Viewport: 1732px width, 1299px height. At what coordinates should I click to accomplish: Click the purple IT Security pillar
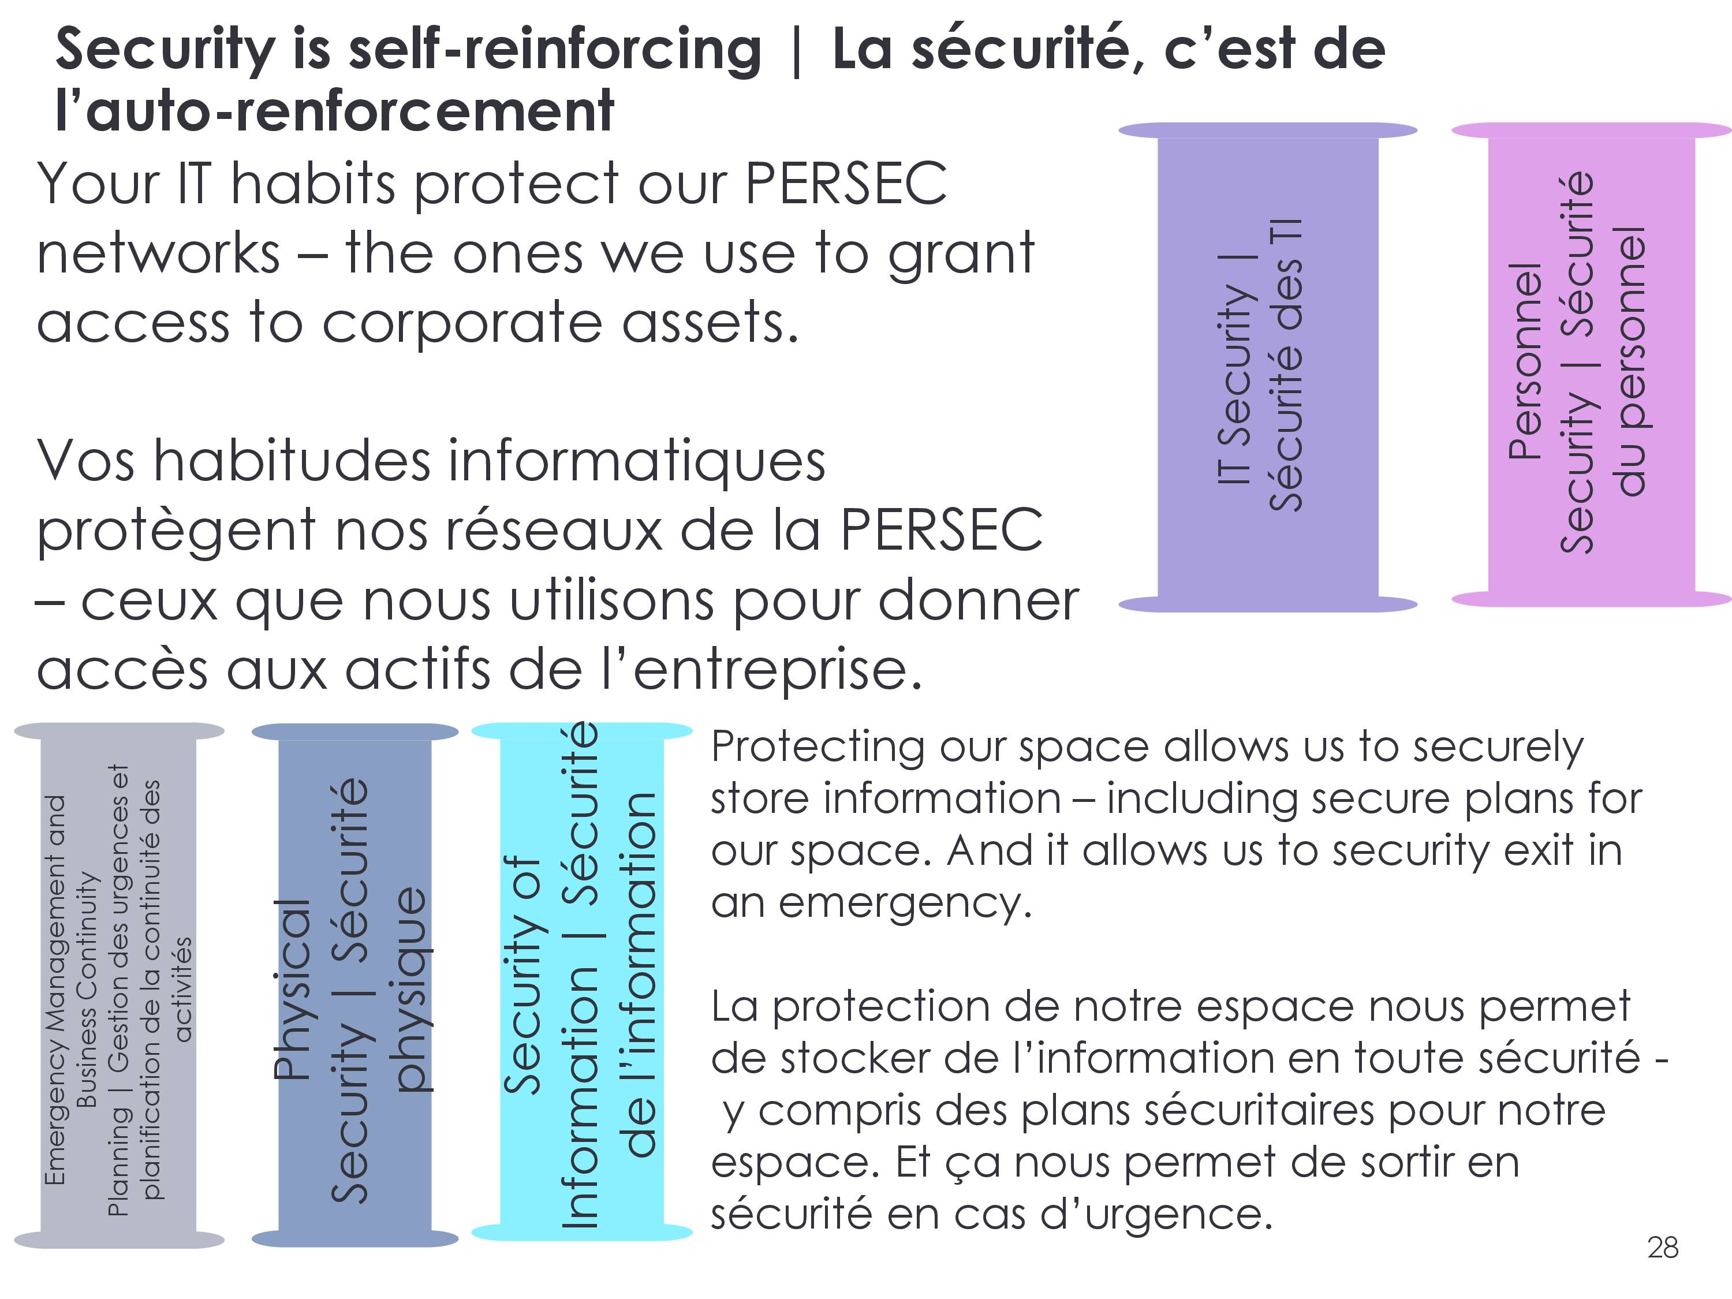1268,367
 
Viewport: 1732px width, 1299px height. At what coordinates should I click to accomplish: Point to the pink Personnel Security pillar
1591,365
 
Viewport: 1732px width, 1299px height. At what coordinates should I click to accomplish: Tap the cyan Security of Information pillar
582,982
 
